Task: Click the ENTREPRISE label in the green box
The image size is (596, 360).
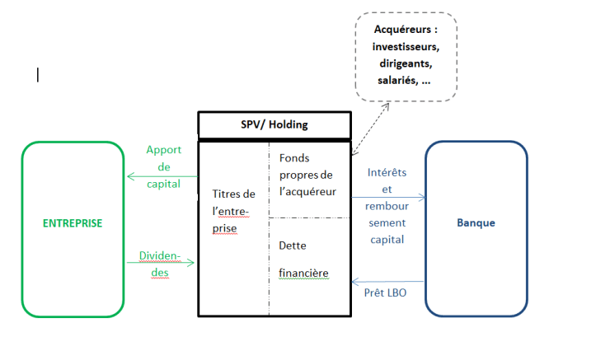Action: click(x=73, y=223)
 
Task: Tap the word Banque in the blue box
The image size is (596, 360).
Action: click(x=476, y=223)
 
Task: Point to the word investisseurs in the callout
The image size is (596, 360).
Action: click(x=406, y=47)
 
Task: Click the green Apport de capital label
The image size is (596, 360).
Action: click(x=163, y=167)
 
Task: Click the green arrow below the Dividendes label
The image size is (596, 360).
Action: click(x=161, y=263)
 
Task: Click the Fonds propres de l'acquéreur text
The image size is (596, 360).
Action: click(x=306, y=175)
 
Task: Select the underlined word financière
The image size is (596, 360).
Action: click(x=304, y=272)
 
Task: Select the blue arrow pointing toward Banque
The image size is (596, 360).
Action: click(x=388, y=197)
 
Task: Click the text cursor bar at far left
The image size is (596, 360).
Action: click(x=38, y=75)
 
